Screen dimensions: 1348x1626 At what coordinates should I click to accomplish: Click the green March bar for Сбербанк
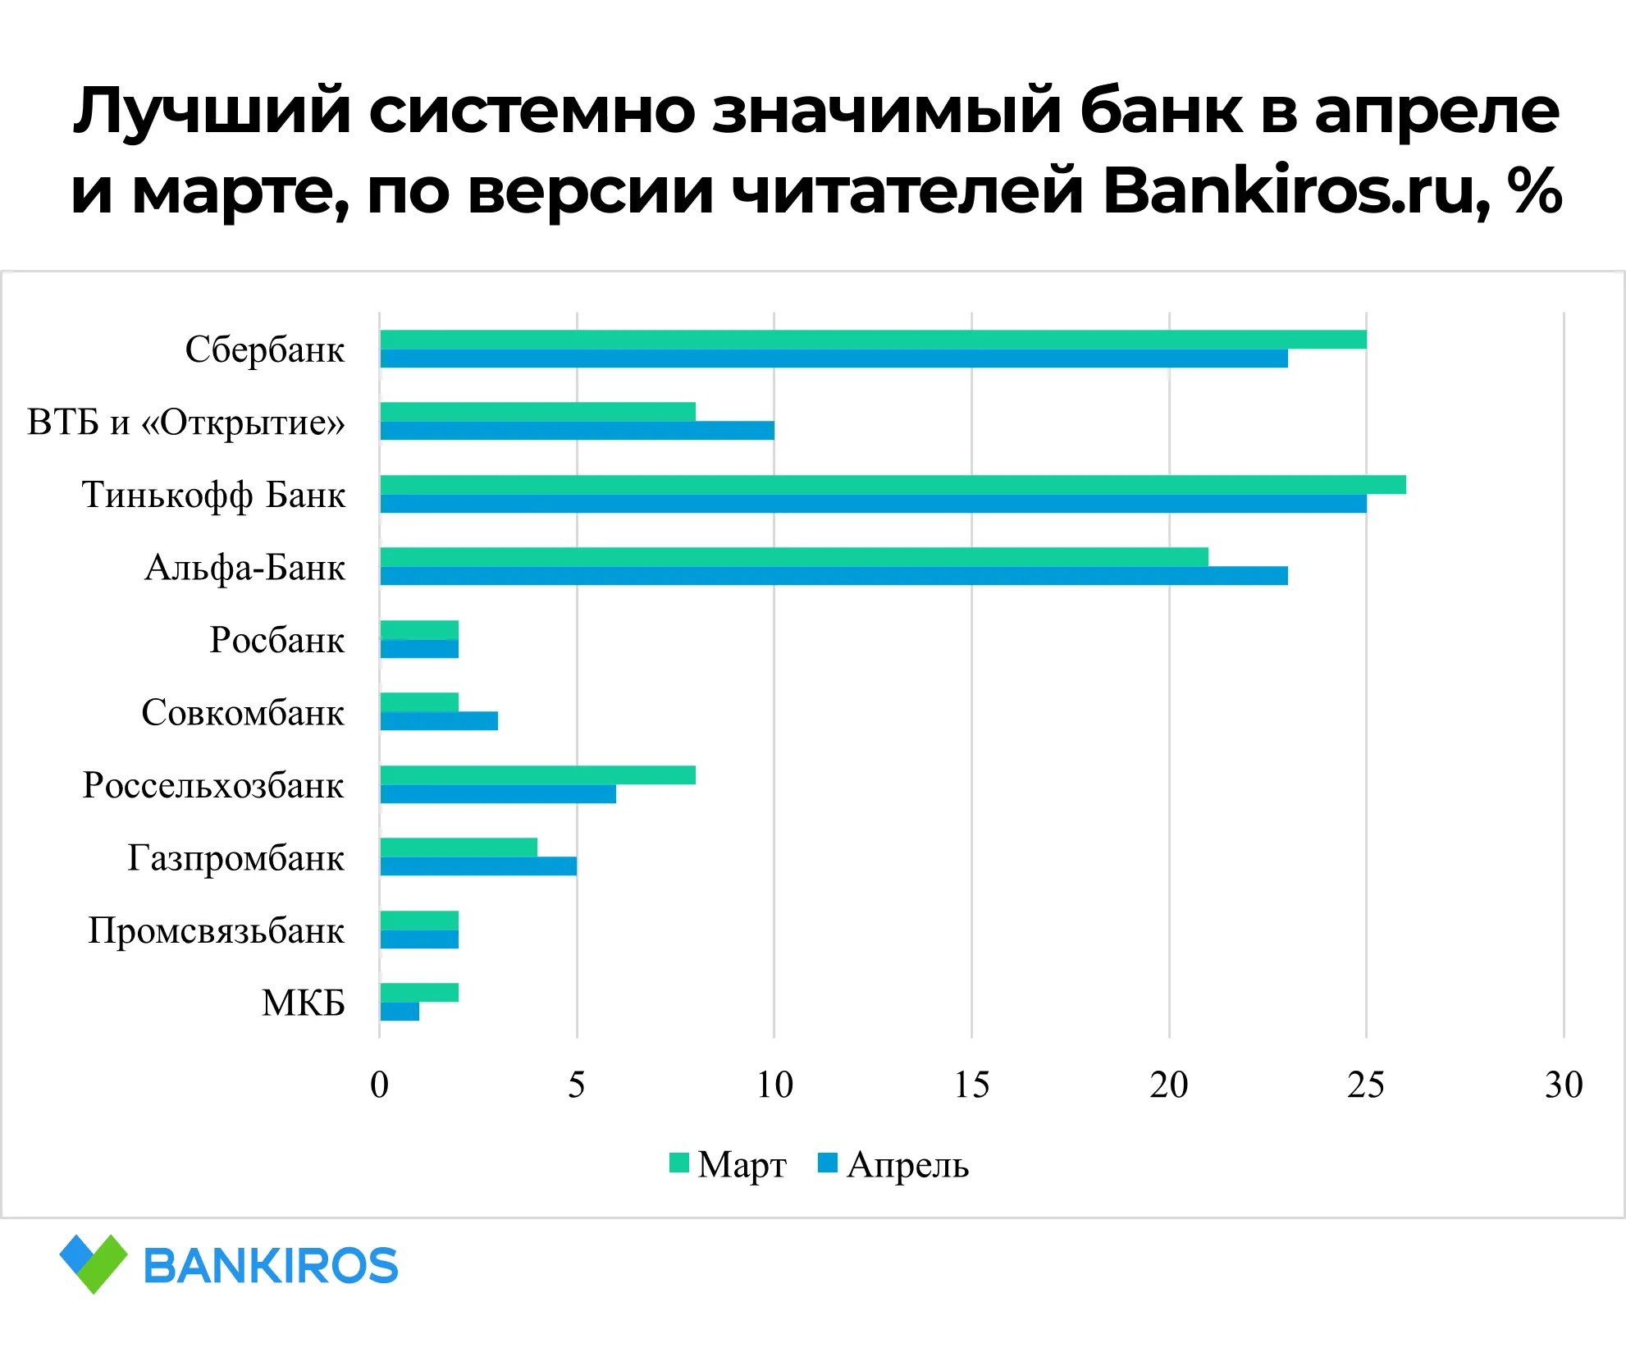(873, 340)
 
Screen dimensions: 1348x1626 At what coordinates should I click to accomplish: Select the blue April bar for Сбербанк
(834, 359)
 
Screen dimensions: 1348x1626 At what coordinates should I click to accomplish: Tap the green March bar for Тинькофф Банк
(893, 485)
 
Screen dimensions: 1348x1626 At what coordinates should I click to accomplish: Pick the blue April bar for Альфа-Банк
(834, 576)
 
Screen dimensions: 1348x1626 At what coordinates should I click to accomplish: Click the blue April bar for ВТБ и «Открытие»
(577, 431)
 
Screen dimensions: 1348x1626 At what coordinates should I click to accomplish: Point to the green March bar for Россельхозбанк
(537, 775)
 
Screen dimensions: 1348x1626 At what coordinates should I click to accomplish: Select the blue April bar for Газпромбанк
(478, 866)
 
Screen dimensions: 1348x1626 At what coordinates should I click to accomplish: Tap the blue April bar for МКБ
(400, 1012)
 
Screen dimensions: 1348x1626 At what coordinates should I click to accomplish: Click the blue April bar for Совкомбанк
(439, 721)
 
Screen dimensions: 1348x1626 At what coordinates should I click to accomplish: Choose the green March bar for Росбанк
(419, 630)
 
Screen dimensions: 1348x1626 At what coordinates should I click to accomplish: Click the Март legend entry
(729, 1164)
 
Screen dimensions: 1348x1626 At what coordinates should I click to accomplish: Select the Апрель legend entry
(893, 1164)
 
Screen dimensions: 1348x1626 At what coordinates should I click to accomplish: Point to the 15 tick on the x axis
(971, 1085)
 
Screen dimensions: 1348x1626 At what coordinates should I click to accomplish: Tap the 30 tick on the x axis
(1564, 1085)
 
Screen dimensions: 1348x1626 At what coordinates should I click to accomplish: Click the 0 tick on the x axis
(379, 1085)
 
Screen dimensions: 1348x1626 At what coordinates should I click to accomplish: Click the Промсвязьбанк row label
(216, 931)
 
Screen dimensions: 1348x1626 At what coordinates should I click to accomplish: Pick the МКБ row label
(303, 1003)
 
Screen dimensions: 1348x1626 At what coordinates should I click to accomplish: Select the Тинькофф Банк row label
(213, 496)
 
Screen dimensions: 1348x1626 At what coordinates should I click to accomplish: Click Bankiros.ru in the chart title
(1295, 191)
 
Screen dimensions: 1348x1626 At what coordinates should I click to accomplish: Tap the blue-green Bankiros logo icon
(94, 1263)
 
